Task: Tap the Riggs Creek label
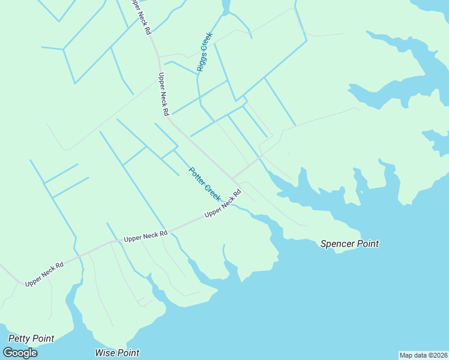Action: coord(205,52)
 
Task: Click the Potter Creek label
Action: coord(205,184)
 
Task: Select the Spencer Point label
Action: coord(349,244)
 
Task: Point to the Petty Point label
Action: coord(31,338)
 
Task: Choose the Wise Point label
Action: coord(117,353)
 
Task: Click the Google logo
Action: coord(20,353)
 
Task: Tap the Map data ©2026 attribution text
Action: coord(423,355)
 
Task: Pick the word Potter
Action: coord(197,176)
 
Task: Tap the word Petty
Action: coord(19,338)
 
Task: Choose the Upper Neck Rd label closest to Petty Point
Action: coord(44,274)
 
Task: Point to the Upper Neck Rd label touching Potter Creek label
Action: coord(223,204)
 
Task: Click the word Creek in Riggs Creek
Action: coord(207,43)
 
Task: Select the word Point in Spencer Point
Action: coord(368,244)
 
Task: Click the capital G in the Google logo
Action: coord(8,353)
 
